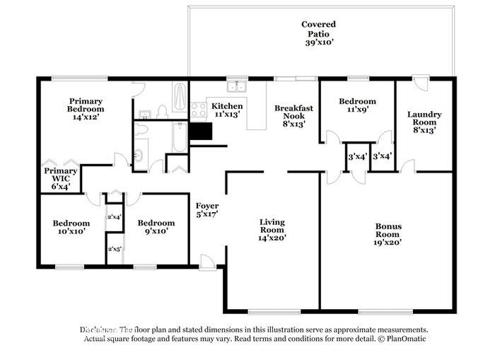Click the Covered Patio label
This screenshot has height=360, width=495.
(x=320, y=33)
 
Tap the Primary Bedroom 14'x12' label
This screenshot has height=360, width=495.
(x=86, y=109)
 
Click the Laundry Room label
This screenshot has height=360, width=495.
(x=424, y=122)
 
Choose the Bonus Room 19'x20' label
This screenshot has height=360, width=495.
(x=388, y=234)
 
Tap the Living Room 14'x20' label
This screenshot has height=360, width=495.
(x=272, y=230)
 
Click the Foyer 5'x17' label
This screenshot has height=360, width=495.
(x=206, y=209)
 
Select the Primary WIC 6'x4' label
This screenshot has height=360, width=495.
(x=61, y=179)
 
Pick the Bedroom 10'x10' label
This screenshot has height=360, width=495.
(x=71, y=227)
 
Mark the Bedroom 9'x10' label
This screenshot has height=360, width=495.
(x=156, y=227)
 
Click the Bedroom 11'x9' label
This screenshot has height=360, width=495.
(x=357, y=105)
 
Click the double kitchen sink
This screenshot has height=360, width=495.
(x=236, y=87)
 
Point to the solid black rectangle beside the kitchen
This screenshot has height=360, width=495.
(x=202, y=132)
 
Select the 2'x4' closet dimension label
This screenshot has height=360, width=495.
(x=114, y=217)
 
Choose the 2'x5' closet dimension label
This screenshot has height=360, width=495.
(x=114, y=249)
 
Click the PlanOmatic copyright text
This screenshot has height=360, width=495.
(x=397, y=339)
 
